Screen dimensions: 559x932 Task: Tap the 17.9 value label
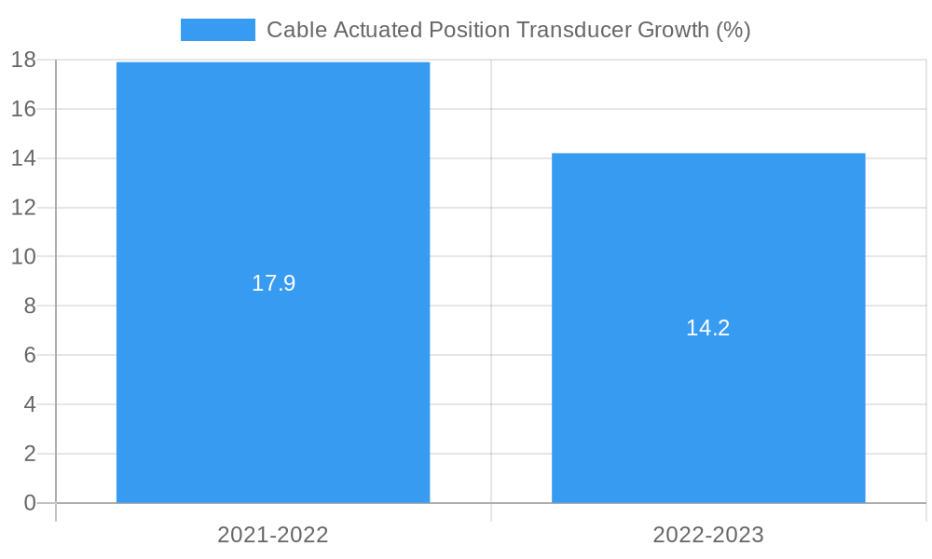(273, 283)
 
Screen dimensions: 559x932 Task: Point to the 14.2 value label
(708, 328)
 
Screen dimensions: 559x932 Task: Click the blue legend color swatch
(217, 30)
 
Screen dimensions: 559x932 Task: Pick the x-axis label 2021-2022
(273, 535)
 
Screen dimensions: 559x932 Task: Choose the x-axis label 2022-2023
(708, 535)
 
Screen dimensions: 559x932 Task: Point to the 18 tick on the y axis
(23, 61)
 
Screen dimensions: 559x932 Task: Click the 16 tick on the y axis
(23, 109)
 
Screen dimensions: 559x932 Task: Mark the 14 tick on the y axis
(23, 158)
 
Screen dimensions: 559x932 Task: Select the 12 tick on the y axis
(23, 208)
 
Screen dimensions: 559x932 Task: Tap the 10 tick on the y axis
(23, 257)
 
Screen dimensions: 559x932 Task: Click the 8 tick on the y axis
(29, 307)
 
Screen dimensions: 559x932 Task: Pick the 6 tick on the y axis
(29, 356)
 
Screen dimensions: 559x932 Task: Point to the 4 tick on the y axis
(29, 404)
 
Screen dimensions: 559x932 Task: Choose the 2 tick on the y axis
(29, 454)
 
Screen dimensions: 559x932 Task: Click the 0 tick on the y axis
(29, 503)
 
